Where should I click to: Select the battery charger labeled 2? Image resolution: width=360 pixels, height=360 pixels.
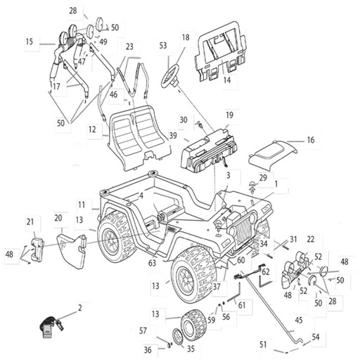(x=52, y=327)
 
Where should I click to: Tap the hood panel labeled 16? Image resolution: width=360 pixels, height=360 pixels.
(x=272, y=155)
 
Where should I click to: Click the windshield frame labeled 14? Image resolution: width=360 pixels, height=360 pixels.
(x=221, y=51)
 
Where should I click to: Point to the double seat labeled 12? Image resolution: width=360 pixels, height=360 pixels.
(x=139, y=139)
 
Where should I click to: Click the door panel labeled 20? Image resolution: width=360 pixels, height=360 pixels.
(x=72, y=250)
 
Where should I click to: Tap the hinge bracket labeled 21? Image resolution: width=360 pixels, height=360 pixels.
(x=37, y=250)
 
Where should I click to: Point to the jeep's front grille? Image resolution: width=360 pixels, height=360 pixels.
(x=244, y=232)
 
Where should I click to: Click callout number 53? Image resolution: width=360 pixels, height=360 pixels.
(x=163, y=45)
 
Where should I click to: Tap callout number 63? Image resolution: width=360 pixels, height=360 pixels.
(x=152, y=263)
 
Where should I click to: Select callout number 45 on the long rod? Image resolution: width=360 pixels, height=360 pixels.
(x=299, y=320)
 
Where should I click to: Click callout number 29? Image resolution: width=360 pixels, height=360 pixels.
(x=263, y=177)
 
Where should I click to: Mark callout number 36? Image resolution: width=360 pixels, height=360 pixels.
(x=148, y=350)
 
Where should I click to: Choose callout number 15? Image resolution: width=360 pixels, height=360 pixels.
(x=30, y=41)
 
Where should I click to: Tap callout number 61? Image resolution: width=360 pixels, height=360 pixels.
(x=242, y=305)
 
